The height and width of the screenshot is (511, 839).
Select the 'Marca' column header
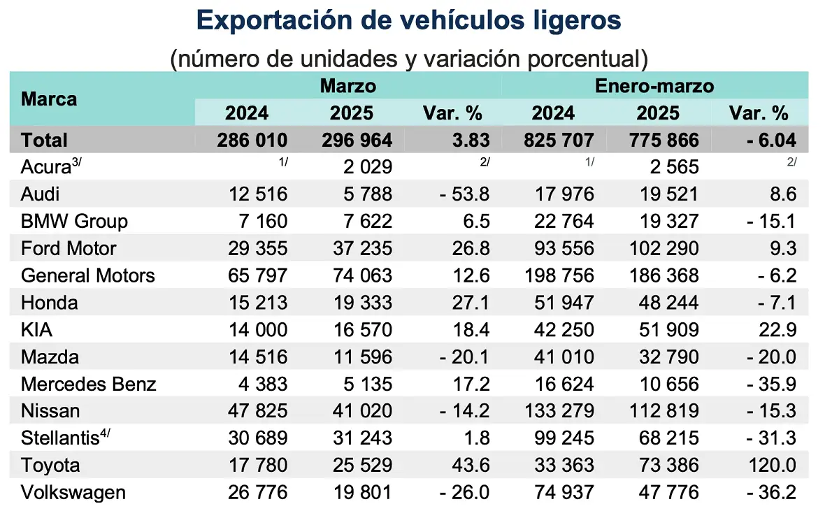49,99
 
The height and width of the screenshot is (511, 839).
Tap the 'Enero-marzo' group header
654,86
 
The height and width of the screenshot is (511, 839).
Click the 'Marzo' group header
347,86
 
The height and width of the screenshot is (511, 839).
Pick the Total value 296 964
357,140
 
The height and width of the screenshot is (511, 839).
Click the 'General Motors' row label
88,275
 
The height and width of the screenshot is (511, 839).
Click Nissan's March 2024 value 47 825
258,411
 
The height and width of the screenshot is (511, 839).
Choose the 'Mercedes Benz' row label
89,384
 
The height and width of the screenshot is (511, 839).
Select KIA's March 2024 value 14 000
258,330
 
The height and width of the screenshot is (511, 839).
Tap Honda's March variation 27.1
471,303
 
